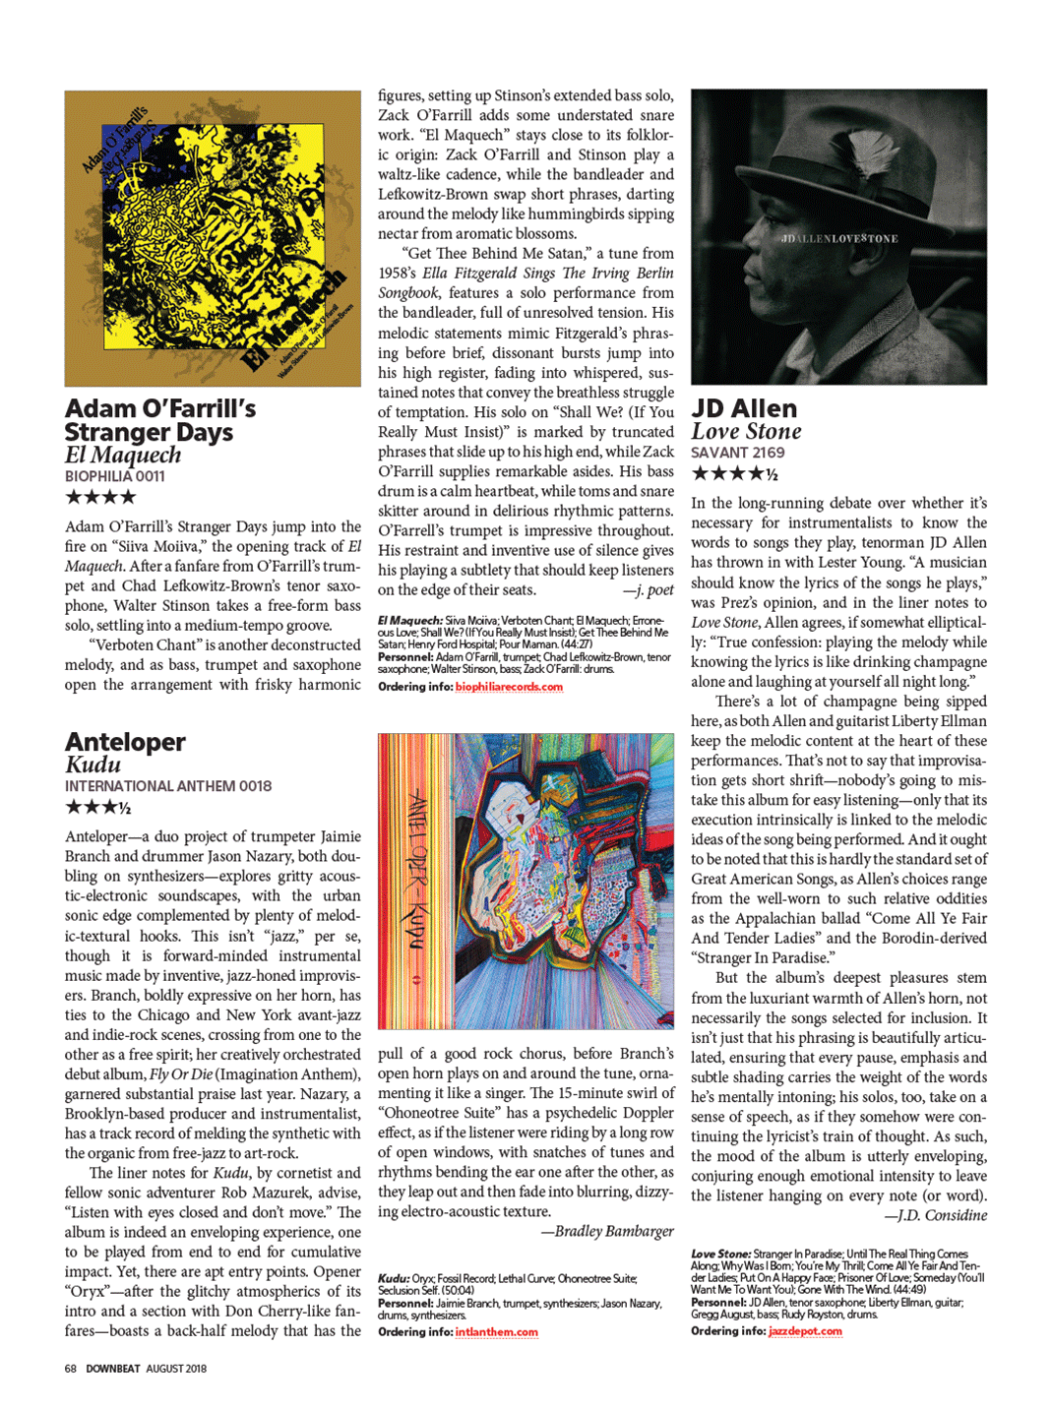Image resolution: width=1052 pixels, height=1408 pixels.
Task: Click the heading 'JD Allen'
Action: pos(744,408)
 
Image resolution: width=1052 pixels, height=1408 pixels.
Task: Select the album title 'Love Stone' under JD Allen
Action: pos(746,432)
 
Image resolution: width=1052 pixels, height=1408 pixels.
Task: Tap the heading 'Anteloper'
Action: pos(125,742)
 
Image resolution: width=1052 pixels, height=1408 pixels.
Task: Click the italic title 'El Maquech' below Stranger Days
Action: pos(123,456)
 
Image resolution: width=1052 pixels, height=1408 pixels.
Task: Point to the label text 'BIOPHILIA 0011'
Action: pos(115,476)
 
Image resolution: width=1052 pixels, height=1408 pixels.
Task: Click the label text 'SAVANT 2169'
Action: pos(737,453)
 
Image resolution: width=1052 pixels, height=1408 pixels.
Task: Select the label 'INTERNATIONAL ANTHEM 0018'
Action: pos(168,786)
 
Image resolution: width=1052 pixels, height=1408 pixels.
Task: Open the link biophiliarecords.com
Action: pos(509,687)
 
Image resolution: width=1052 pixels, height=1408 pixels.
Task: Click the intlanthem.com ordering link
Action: pos(496,1332)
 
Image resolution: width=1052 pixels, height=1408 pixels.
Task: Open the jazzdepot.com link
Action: pos(805,1331)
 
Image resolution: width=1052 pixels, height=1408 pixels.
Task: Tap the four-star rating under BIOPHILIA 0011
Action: pos(100,497)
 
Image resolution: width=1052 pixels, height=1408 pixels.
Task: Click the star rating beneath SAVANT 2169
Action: pos(734,474)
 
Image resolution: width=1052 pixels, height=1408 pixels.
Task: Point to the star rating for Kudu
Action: pos(97,808)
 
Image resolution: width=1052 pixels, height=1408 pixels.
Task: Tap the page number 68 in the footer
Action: pos(71,1369)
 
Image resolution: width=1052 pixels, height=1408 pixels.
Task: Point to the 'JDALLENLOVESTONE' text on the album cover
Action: pos(838,239)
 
